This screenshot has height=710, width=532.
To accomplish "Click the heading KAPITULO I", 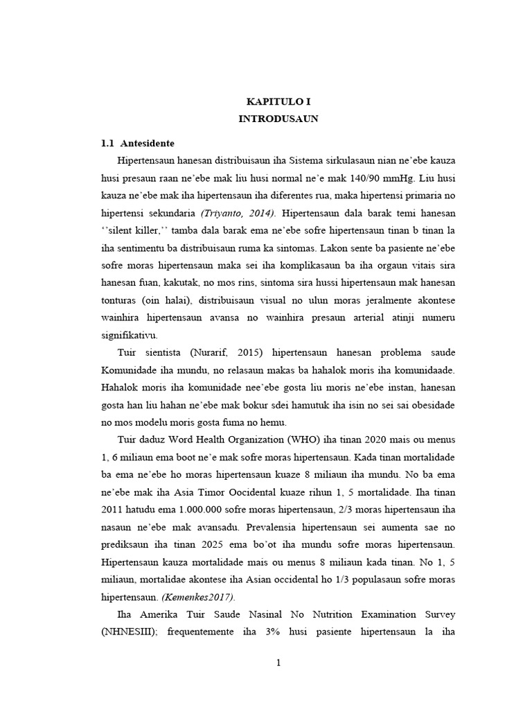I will pos(278,101).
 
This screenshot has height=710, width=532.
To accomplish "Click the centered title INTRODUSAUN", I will pos(278,119).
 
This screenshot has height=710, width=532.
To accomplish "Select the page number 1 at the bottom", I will pos(278,663).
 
